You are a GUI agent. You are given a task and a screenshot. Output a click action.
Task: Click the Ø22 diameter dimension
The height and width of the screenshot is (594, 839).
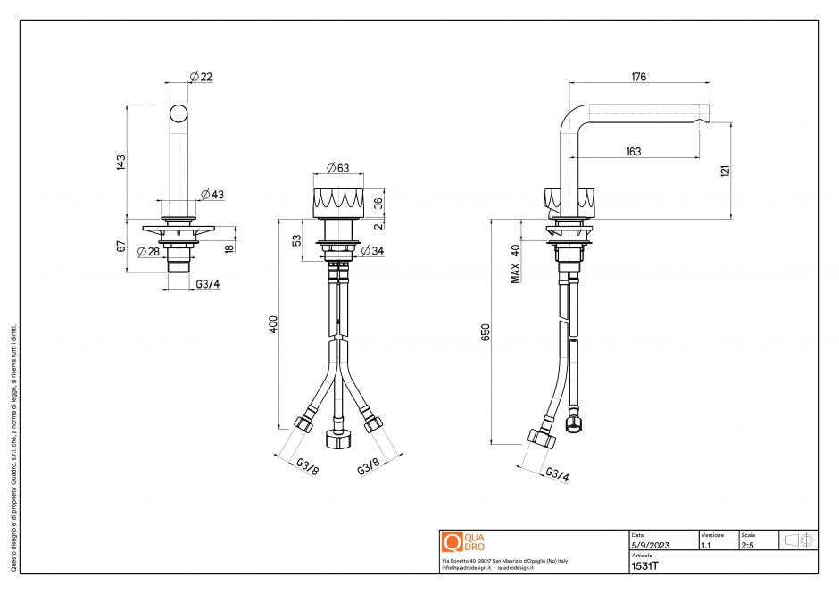point(201,77)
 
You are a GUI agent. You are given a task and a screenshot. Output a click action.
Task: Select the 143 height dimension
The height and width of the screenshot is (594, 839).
point(120,162)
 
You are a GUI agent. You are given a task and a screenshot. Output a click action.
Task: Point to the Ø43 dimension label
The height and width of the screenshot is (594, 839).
point(212,195)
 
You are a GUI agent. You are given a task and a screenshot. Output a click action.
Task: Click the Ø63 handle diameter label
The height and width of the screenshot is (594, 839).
point(337,167)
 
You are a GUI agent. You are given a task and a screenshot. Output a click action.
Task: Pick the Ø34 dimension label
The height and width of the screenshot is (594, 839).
point(372,251)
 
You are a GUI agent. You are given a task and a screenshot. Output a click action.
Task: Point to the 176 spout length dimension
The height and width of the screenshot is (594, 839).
point(638,77)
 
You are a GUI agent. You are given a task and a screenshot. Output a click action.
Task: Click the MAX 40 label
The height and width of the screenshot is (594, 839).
point(515,264)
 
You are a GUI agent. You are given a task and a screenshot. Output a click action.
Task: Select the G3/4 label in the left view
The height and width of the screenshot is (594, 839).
point(207,285)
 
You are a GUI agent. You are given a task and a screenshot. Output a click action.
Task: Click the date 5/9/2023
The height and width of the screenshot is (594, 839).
point(650,544)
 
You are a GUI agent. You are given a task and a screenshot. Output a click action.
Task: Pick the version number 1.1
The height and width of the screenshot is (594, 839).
point(706,544)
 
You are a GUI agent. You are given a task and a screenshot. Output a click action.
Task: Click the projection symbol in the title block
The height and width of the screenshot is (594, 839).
point(798,540)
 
